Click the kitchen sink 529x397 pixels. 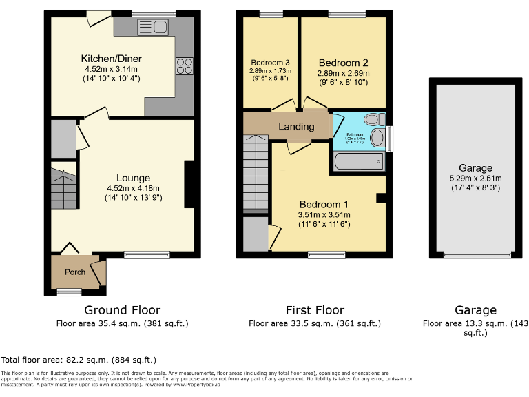[x=153, y=27]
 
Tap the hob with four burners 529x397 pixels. [x=184, y=65]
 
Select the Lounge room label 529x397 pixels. [x=133, y=178]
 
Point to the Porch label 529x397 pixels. [x=75, y=272]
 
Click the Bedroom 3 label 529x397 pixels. [x=270, y=61]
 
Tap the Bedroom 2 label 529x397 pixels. [x=343, y=63]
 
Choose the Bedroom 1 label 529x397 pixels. [x=324, y=205]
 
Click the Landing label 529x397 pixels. [x=296, y=126]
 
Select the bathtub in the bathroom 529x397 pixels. [x=357, y=162]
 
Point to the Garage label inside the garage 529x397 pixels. [x=476, y=168]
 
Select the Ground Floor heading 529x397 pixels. [x=122, y=310]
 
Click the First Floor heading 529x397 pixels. [x=315, y=310]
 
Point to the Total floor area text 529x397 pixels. [x=79, y=360]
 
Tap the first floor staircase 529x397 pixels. [x=256, y=172]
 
